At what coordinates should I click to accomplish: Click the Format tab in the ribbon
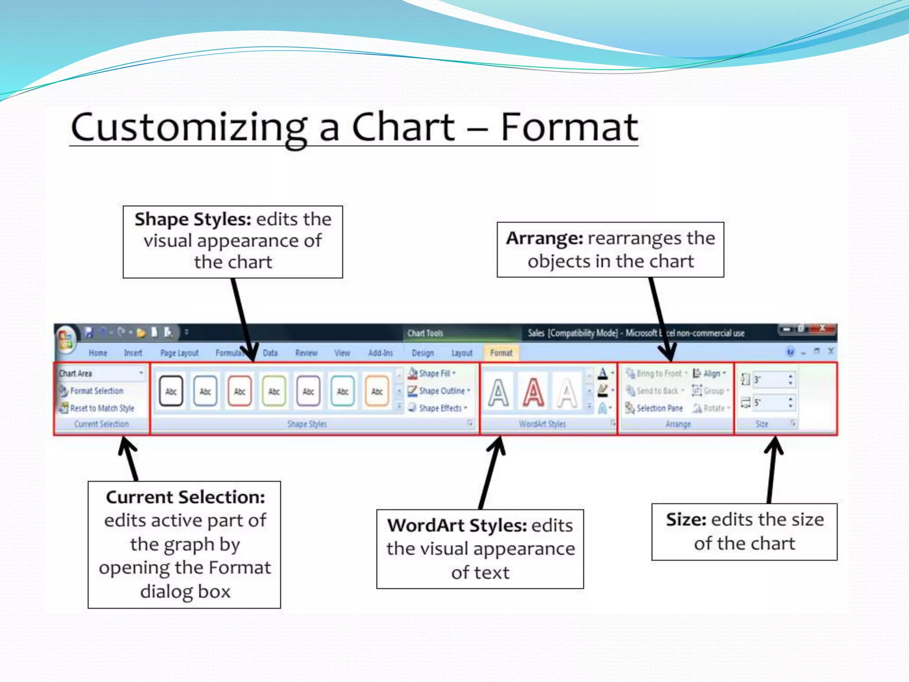[x=501, y=353]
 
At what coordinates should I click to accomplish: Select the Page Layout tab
[x=179, y=353]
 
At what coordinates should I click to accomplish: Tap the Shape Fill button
[x=435, y=373]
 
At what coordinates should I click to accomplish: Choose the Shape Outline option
[x=441, y=391]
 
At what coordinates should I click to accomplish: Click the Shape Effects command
[x=440, y=408]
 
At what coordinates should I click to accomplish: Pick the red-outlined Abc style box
[x=240, y=391]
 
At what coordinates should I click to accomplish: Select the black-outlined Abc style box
[x=171, y=391]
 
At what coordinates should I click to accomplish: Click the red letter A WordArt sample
[x=533, y=393]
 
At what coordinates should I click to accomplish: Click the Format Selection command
[x=96, y=391]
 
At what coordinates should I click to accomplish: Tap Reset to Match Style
[x=102, y=408]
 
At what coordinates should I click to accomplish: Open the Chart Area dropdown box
[x=101, y=373]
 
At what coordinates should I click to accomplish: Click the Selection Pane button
[x=659, y=408]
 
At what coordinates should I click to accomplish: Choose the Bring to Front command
[x=658, y=373]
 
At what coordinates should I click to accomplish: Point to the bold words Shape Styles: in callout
[x=193, y=219]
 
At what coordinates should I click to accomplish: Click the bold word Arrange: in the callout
[x=545, y=238]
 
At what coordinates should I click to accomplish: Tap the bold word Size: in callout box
[x=686, y=519]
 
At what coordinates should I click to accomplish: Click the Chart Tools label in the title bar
[x=425, y=333]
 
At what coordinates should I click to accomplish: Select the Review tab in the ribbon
[x=306, y=353]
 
